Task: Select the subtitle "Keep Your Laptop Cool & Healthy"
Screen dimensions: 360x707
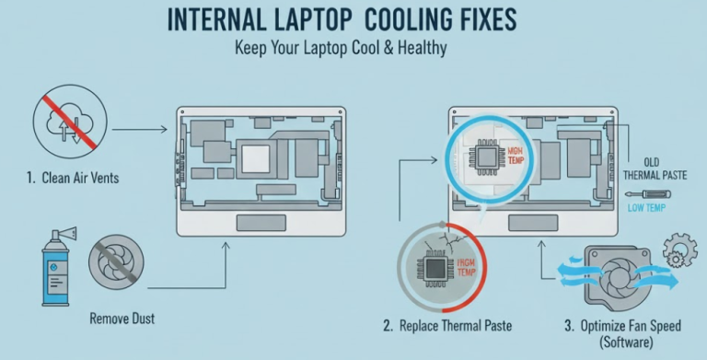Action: click(x=353, y=47)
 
